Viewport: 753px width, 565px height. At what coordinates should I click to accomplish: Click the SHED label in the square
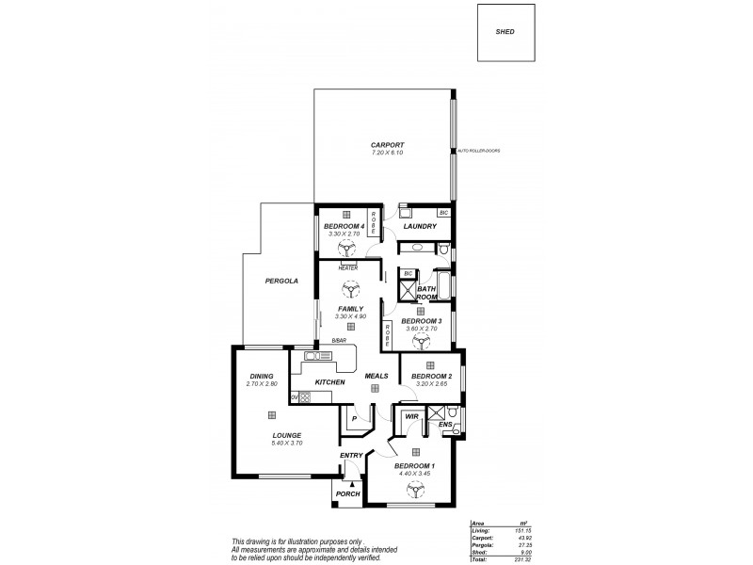click(x=505, y=32)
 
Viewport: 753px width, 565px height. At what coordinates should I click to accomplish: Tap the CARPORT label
click(x=386, y=145)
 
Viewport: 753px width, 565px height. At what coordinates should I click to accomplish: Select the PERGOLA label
click(x=281, y=281)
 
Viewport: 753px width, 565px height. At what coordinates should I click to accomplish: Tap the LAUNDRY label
click(x=419, y=227)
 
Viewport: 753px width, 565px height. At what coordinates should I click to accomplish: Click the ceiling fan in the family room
click(x=350, y=291)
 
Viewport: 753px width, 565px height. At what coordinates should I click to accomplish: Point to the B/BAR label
click(x=326, y=340)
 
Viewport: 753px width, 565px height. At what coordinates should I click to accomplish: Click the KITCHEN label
click(x=329, y=382)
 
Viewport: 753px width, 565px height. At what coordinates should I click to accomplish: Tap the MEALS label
click(x=376, y=376)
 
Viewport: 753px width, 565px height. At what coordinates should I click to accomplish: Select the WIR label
click(x=411, y=415)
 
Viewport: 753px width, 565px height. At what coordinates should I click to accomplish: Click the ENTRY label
click(x=351, y=457)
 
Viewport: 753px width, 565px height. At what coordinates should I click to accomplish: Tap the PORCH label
click(x=347, y=493)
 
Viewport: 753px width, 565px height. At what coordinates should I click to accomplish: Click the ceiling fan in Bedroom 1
click(x=414, y=487)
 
